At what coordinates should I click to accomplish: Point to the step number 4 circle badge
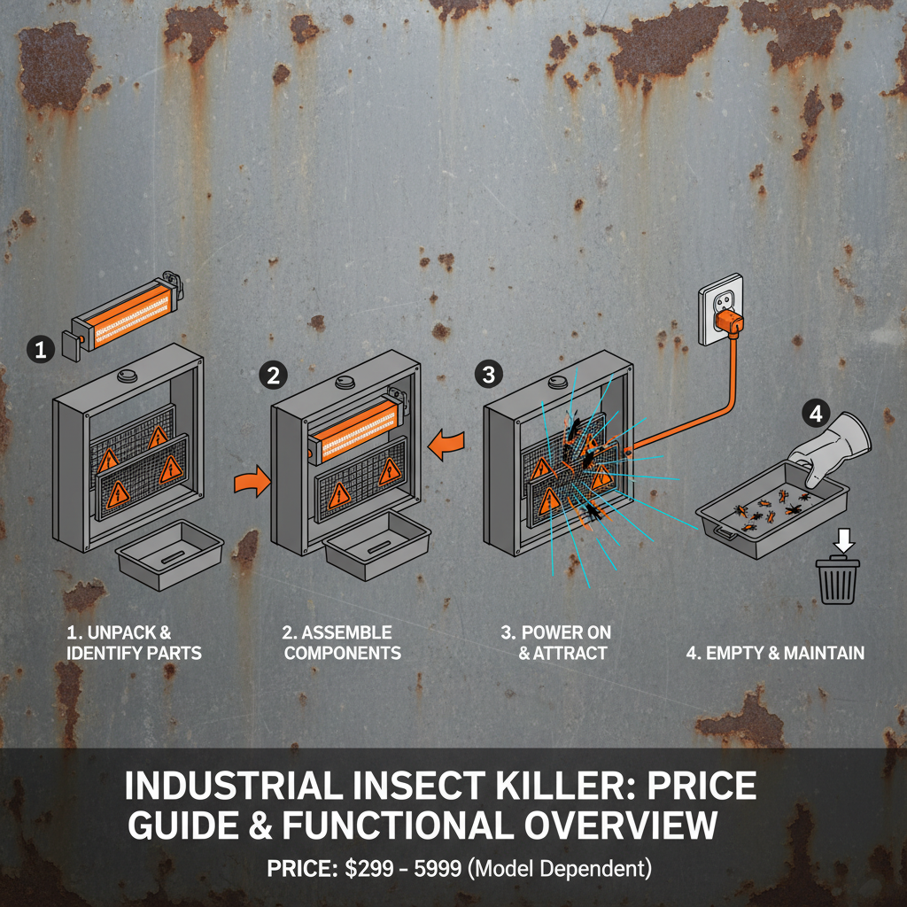(815, 411)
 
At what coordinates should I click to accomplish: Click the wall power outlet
(721, 309)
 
